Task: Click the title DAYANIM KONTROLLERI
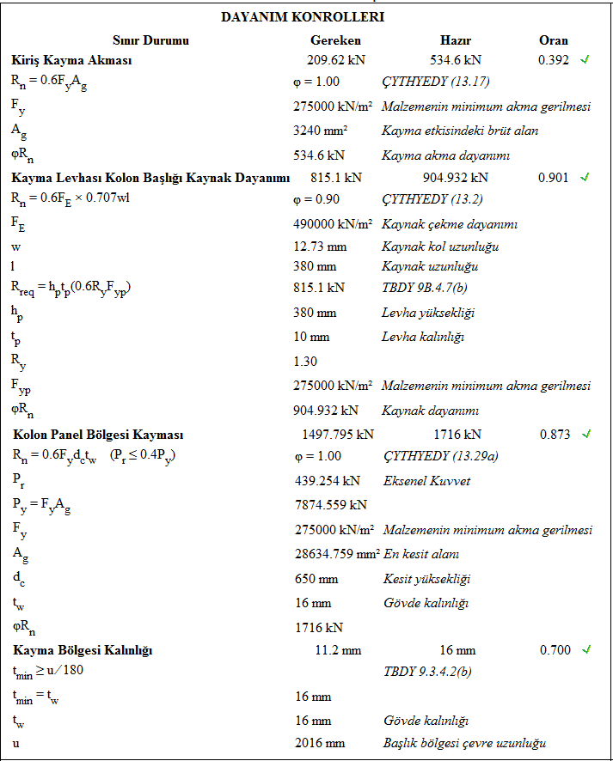(303, 17)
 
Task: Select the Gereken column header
(335, 40)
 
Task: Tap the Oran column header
(553, 40)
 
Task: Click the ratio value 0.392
(554, 60)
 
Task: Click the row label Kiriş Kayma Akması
(71, 60)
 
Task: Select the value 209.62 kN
(335, 60)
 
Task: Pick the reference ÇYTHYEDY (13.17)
(436, 82)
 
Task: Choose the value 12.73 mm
(320, 247)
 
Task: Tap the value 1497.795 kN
(338, 435)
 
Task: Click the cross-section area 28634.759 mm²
(336, 554)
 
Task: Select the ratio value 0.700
(555, 650)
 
